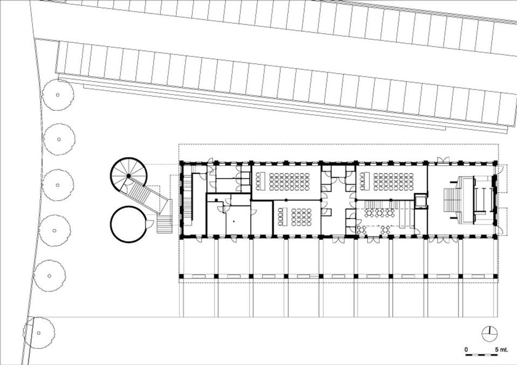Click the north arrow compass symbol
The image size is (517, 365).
[490, 334]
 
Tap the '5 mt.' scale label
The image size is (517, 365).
[501, 350]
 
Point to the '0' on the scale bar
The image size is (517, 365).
[466, 350]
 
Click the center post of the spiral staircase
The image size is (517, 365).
[129, 176]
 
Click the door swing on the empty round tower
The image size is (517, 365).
[149, 224]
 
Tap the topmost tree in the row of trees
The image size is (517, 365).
[58, 95]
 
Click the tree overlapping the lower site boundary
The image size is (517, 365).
[39, 333]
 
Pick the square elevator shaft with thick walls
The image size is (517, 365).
[421, 201]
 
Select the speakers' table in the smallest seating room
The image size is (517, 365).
[283, 216]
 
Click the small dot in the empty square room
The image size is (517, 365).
[233, 221]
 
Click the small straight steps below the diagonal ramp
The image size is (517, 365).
[164, 224]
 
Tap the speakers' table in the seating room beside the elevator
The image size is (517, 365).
[363, 181]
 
